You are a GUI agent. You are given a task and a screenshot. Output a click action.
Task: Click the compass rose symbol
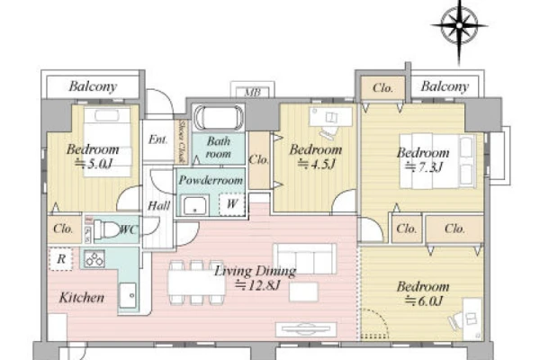click(459, 26)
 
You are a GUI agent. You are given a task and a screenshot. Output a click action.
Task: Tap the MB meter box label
click(252, 93)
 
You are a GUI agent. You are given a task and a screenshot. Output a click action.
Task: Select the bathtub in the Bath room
click(219, 118)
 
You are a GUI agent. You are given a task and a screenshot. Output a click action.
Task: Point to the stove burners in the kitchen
click(94, 259)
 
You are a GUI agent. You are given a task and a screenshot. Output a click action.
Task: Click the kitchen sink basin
click(128, 295)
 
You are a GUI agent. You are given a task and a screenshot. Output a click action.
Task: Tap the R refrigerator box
click(60, 258)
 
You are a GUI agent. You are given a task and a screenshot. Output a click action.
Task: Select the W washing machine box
click(232, 204)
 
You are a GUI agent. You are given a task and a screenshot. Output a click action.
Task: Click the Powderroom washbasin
click(194, 206)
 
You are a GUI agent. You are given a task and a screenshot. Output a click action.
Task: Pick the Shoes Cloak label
click(182, 141)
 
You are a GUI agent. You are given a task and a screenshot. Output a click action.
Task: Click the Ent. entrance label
click(158, 139)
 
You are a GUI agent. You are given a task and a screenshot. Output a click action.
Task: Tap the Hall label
click(158, 206)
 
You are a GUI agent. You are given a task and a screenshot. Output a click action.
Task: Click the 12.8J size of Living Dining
click(257, 285)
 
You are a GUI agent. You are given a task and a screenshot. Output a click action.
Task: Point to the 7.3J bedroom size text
click(423, 167)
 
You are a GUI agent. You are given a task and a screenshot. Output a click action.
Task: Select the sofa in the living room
click(305, 258)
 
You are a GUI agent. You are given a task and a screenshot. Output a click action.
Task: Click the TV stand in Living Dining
click(306, 329)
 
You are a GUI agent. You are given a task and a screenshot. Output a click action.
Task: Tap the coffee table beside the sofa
click(304, 292)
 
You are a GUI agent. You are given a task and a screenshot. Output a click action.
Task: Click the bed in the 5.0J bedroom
click(107, 142)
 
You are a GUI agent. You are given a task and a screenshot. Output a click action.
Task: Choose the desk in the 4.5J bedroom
click(330, 117)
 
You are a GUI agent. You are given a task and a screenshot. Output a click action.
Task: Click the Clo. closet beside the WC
click(63, 229)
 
